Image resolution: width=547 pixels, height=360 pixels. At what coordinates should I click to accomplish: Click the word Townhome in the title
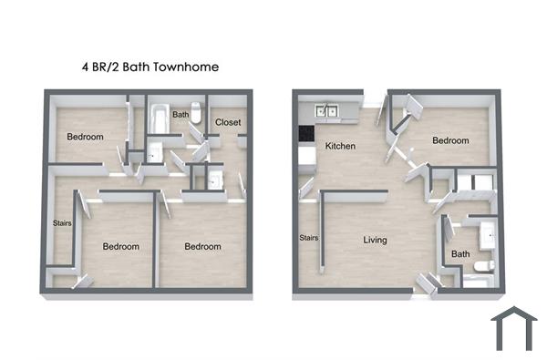point(187,67)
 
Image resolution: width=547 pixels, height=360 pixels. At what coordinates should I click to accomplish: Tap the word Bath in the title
point(138,67)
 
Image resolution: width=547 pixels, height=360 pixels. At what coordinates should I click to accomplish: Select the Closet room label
point(228,122)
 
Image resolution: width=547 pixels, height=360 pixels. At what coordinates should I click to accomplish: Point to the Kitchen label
point(340,146)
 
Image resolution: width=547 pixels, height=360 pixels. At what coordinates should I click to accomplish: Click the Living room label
point(375,241)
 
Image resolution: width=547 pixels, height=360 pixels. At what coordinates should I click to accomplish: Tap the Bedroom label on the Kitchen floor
point(450,140)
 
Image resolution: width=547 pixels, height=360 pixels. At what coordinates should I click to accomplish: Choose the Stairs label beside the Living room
point(308,239)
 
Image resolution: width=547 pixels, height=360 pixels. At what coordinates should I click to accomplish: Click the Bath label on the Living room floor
point(460,254)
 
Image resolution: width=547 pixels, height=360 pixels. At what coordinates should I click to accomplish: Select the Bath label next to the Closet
point(181,115)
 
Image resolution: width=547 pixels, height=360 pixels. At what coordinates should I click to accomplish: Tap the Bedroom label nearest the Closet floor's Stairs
point(120,247)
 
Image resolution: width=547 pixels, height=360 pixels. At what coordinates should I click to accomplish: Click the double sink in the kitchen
point(328,112)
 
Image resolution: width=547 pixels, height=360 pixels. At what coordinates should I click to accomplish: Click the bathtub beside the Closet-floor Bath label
point(158,117)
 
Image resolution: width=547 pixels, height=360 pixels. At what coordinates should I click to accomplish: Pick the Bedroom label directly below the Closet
point(202,247)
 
